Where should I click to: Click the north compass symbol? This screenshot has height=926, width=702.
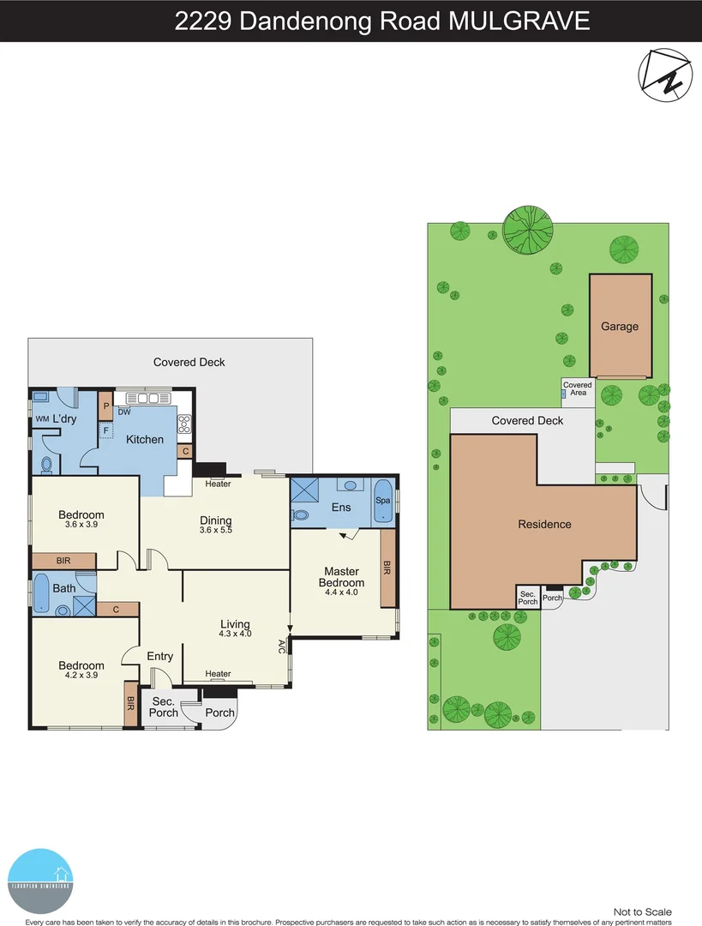[x=665, y=75]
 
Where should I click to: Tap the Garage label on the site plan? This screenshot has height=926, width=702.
[x=619, y=327]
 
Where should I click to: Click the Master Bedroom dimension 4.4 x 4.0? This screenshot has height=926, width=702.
[x=340, y=592]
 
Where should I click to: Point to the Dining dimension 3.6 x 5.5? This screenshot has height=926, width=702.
[x=215, y=530]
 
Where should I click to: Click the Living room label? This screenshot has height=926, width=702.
[x=235, y=624]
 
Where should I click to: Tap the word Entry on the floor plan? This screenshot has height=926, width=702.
[x=160, y=657]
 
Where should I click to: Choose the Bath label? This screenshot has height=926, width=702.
[x=64, y=588]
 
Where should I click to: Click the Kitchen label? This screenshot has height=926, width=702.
[x=145, y=440]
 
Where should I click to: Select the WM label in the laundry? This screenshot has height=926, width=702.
[x=42, y=419]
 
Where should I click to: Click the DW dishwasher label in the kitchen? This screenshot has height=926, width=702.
[x=124, y=412]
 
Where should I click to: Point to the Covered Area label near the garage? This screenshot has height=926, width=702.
[x=578, y=388]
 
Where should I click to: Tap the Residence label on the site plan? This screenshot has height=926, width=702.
[x=544, y=524]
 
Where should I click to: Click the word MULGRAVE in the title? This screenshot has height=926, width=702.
[x=519, y=21]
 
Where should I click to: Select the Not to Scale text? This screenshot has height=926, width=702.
[x=643, y=911]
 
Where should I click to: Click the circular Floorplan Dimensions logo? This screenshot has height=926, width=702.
[x=40, y=881]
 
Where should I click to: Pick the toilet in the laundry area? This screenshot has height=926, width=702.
[x=47, y=464]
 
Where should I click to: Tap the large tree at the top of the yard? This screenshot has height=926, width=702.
[x=525, y=228]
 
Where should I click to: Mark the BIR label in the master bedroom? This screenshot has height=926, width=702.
[x=387, y=568]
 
